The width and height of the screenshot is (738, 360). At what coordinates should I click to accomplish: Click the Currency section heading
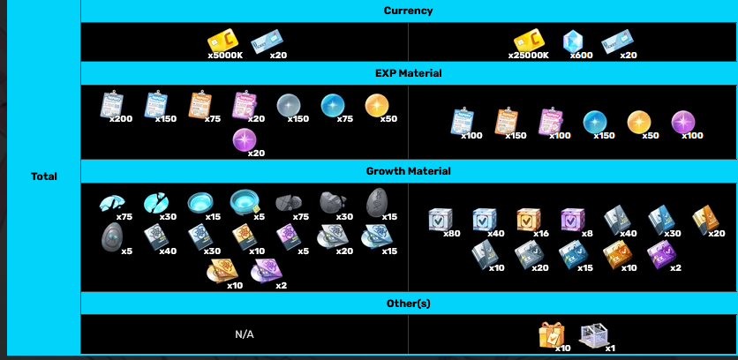(x=408, y=11)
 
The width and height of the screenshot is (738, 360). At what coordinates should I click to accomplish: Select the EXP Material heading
(x=408, y=73)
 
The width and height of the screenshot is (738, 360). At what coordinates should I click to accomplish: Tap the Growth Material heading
(x=408, y=171)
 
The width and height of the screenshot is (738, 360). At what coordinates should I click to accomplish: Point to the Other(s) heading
(x=408, y=304)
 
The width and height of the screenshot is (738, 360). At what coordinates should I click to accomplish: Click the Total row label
(x=44, y=176)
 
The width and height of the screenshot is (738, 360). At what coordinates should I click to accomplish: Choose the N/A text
(x=245, y=334)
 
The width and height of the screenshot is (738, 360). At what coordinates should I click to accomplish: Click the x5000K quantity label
(x=225, y=56)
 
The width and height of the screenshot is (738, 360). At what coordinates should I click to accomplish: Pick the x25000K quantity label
(x=529, y=56)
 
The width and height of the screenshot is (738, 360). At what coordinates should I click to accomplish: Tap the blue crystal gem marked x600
(x=573, y=41)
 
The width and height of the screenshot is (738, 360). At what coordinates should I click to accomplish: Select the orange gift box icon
(x=552, y=334)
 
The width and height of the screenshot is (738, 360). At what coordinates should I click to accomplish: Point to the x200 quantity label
(x=121, y=118)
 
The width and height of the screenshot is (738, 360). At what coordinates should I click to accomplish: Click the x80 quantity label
(x=452, y=234)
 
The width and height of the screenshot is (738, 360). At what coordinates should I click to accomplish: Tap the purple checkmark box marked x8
(x=573, y=220)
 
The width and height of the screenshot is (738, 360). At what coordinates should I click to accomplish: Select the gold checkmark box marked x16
(x=529, y=220)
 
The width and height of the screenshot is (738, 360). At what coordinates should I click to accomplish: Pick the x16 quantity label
(x=541, y=234)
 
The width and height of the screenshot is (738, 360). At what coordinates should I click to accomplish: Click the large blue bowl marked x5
(x=245, y=203)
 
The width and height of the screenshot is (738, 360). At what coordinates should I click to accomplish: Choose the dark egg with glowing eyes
(x=111, y=237)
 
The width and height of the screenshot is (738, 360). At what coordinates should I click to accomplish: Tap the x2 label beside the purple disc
(x=281, y=285)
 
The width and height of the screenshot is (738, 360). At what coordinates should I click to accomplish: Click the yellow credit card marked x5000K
(x=222, y=41)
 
